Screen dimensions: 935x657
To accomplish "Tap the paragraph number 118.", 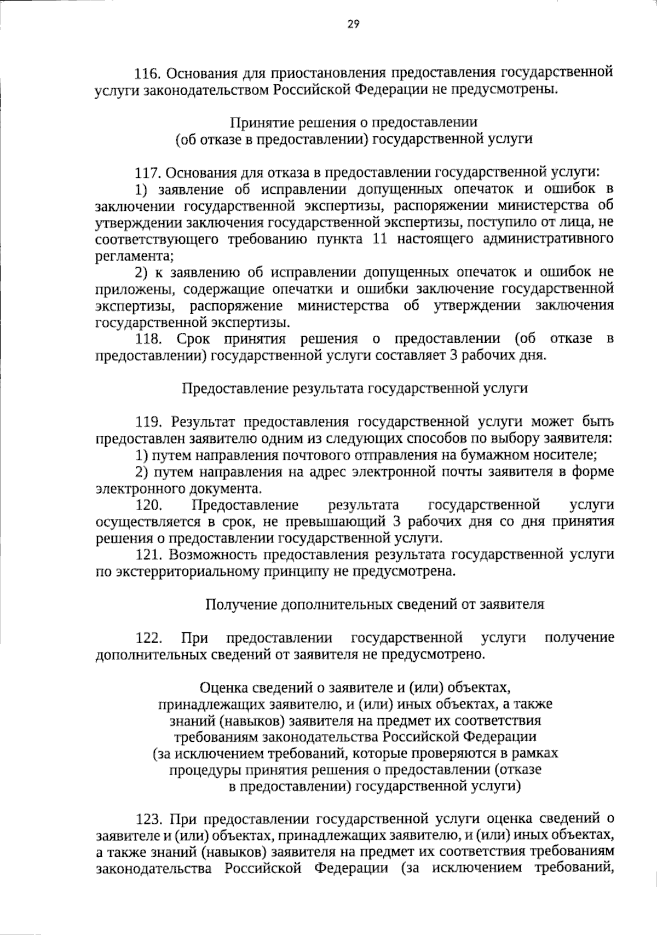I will click(149, 339).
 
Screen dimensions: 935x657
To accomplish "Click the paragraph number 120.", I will click(148, 505).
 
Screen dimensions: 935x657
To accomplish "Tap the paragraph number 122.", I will click(148, 638).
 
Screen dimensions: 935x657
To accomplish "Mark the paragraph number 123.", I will click(148, 819).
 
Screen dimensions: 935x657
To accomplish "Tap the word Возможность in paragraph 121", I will click(213, 555).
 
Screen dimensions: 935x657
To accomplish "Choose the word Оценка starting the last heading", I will click(224, 686).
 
